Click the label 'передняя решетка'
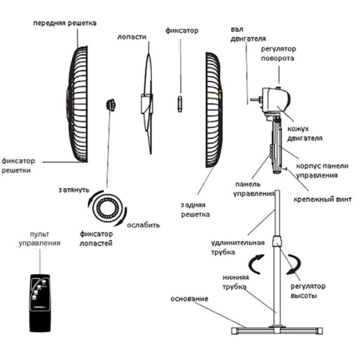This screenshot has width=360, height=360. (65, 24)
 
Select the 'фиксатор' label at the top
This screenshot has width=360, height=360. (182, 31)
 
